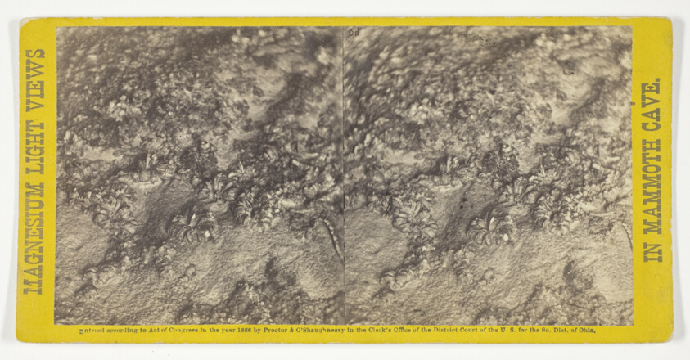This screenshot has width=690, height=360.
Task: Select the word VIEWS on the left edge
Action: (x=34, y=79)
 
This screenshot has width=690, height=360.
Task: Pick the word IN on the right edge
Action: (x=652, y=250)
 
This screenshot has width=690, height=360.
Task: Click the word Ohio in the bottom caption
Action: (x=584, y=331)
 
